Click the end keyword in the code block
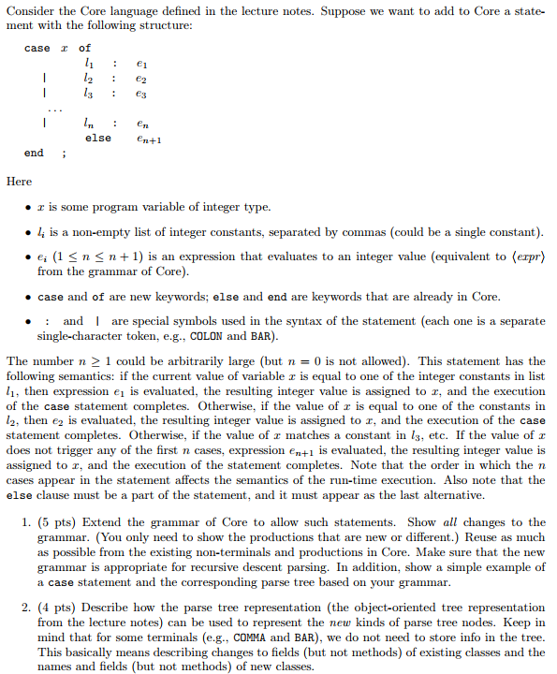point(34,153)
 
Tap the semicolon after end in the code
point(63,153)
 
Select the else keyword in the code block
point(98,138)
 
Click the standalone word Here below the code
point(19,182)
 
